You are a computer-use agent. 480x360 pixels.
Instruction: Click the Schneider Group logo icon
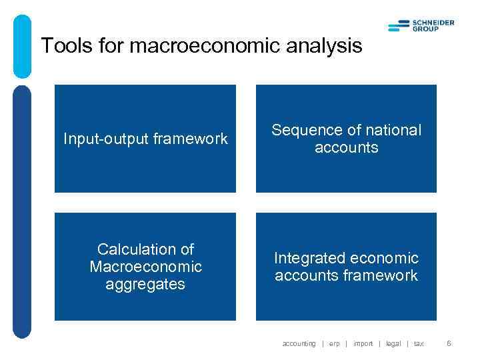pos(399,26)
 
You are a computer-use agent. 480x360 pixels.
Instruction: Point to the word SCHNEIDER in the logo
pos(434,23)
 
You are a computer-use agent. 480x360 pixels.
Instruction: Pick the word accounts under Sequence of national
pos(346,148)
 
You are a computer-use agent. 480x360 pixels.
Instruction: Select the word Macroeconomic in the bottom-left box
pos(145,267)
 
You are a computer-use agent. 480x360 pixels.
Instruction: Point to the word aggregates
pos(145,285)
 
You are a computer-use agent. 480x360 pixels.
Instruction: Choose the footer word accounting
pos(299,344)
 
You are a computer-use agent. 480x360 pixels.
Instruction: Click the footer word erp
pos(334,344)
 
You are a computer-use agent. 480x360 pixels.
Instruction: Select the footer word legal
pos(393,344)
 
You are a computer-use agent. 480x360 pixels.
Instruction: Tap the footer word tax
pos(418,344)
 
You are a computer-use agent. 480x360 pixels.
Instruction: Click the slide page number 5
pos(449,344)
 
